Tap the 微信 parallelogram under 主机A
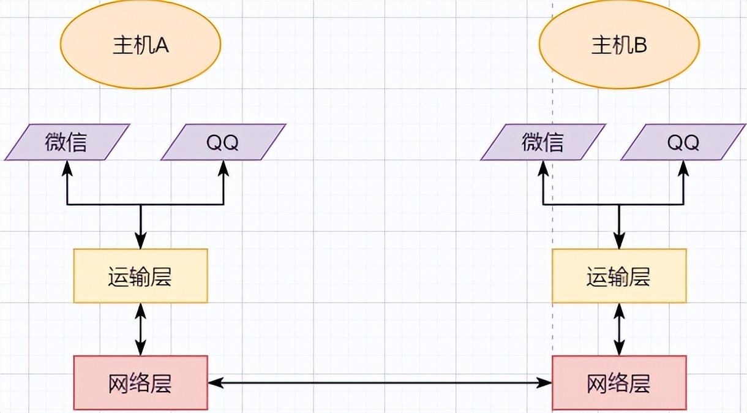pyautogui.click(x=67, y=142)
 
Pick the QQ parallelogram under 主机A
pyautogui.click(x=223, y=142)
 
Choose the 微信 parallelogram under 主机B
pyautogui.click(x=543, y=142)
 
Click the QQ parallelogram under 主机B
pyautogui.click(x=683, y=142)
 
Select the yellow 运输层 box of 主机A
pyautogui.click(x=140, y=276)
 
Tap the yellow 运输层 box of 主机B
pyautogui.click(x=619, y=276)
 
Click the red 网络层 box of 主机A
pyautogui.click(x=140, y=383)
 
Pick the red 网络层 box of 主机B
pyautogui.click(x=619, y=383)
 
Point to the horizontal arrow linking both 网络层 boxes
pyautogui.click(x=380, y=383)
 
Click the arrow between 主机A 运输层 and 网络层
pyautogui.click(x=141, y=329)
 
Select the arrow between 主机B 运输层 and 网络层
pyautogui.click(x=620, y=329)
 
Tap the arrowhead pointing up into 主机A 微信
pyautogui.click(x=67, y=167)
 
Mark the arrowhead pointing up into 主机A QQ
pyautogui.click(x=223, y=167)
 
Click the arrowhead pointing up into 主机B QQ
pyautogui.click(x=683, y=167)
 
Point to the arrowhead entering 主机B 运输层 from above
pyautogui.click(x=620, y=243)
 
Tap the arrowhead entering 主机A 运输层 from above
pyautogui.click(x=141, y=243)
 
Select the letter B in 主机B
pyautogui.click(x=640, y=46)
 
